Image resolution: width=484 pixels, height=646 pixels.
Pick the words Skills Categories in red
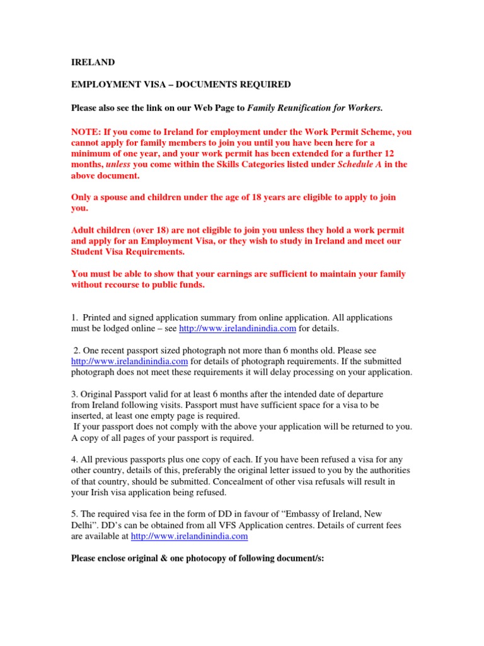tap(247, 165)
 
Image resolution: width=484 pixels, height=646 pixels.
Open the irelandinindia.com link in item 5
tap(189, 536)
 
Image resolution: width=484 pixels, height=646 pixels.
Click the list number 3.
tap(74, 394)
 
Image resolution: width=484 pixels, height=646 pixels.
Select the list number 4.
tap(74, 459)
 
